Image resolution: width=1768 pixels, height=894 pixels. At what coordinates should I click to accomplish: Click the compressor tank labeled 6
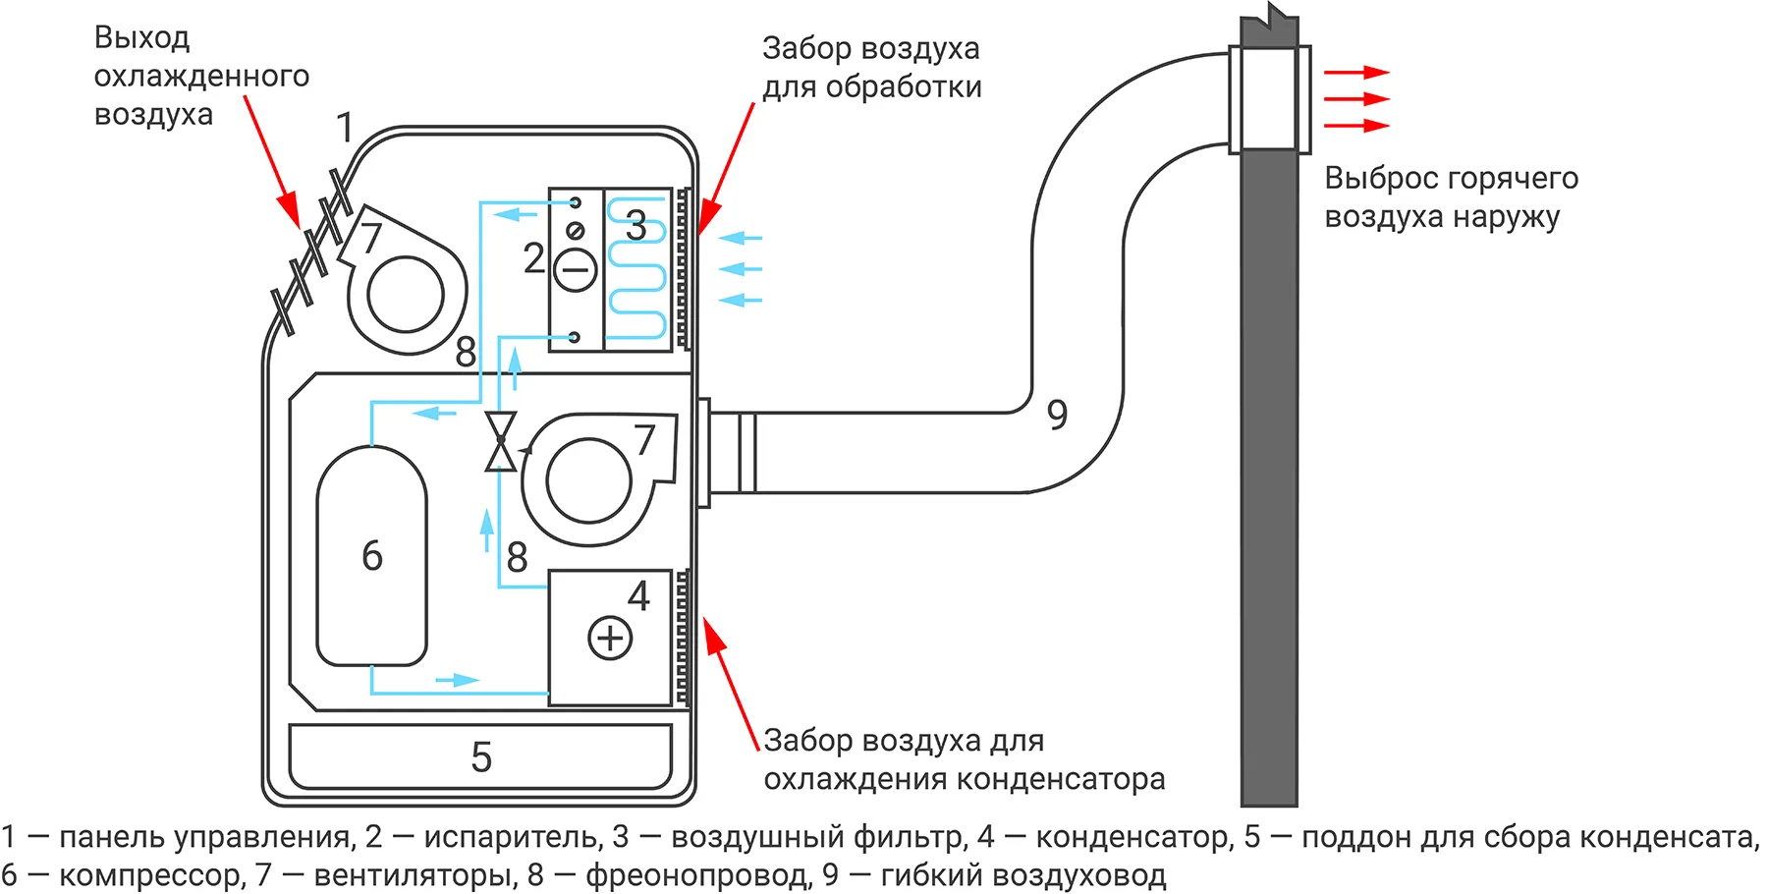coord(371,556)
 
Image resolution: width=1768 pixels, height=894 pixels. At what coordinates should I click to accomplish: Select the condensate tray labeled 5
coord(480,756)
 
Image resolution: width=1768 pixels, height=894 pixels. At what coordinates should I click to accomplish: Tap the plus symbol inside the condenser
coord(610,638)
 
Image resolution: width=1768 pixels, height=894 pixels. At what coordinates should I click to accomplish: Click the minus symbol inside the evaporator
coord(576,269)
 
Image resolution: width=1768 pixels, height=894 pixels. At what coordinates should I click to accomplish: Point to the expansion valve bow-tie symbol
coord(500,441)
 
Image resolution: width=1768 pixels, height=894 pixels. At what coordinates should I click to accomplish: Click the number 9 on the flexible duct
coord(1057,415)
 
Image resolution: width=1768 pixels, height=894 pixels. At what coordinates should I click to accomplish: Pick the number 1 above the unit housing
coord(345,128)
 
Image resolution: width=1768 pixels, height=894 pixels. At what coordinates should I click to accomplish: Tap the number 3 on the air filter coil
coord(635,226)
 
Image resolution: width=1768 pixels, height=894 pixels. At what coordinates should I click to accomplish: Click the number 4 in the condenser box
coord(638,596)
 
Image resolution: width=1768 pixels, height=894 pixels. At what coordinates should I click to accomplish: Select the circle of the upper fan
coord(405,294)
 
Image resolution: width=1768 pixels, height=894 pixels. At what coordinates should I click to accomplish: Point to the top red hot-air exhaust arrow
coord(1356,73)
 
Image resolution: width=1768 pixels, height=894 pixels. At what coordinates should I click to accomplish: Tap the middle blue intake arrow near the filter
coord(741,269)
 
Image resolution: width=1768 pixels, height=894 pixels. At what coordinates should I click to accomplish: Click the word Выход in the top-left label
coord(141,38)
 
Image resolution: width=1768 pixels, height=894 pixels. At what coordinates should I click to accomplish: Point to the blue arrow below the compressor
coord(457,680)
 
